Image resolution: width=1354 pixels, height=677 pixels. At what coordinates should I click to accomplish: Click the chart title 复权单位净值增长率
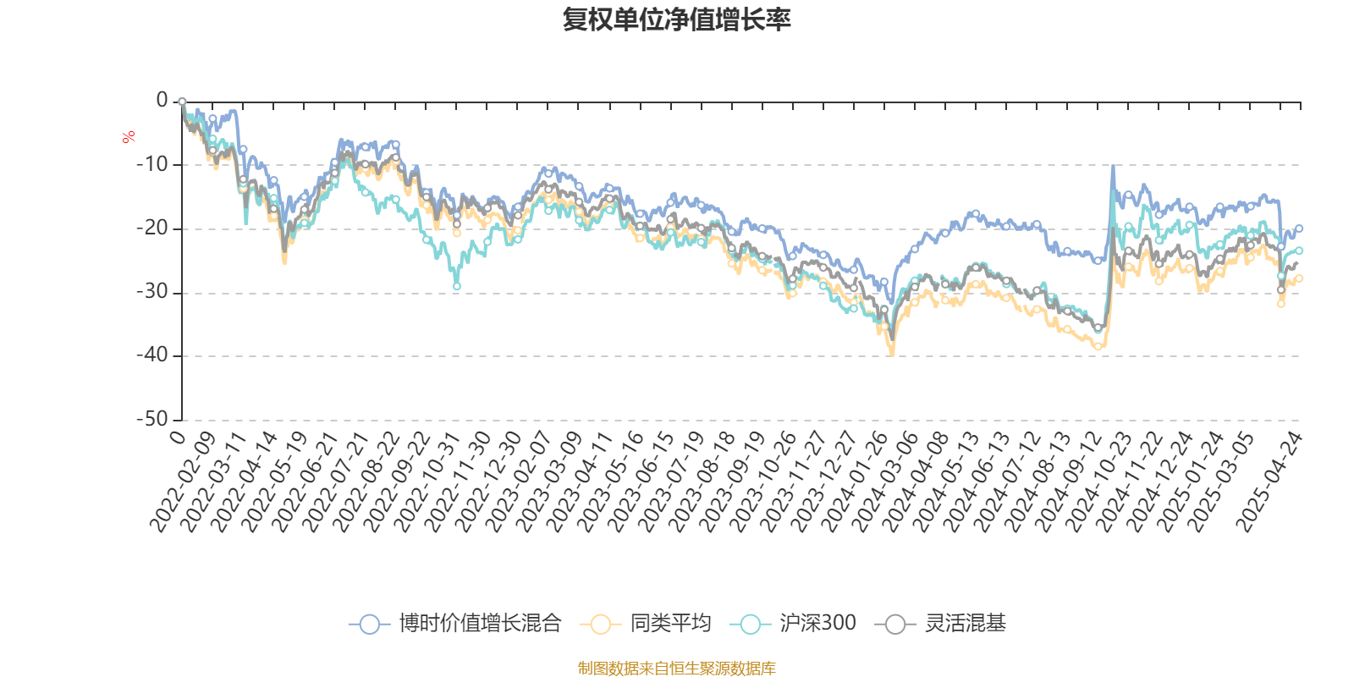tap(676, 20)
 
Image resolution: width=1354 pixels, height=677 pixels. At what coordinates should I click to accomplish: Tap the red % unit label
tap(129, 137)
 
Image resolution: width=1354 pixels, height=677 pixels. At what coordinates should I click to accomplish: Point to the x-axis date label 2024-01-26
tap(855, 482)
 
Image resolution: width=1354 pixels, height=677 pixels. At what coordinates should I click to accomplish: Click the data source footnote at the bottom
tap(676, 669)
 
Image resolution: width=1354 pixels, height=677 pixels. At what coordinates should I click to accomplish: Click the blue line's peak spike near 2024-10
tap(1112, 167)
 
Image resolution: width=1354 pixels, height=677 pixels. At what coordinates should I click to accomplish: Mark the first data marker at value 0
tap(182, 102)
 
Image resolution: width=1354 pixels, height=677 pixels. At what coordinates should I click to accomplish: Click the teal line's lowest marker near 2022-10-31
tap(457, 287)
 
